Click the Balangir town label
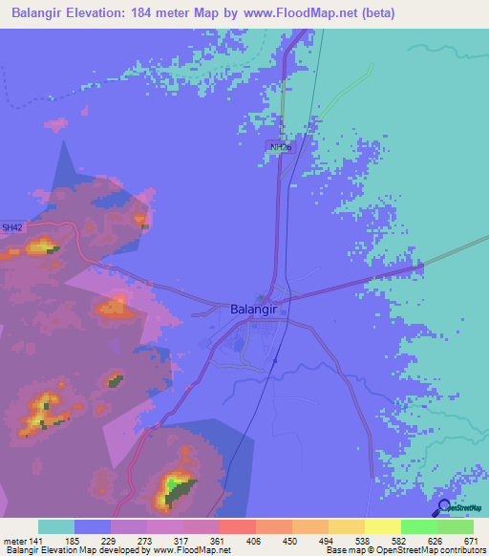(x=256, y=310)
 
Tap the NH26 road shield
(x=279, y=147)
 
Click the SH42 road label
(x=11, y=227)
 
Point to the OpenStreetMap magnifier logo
(x=442, y=507)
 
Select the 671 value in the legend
(x=472, y=540)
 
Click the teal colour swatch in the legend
(x=56, y=526)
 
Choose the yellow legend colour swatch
(x=382, y=526)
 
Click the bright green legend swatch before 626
(x=418, y=526)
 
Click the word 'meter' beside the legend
(x=15, y=540)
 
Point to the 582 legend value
(x=400, y=540)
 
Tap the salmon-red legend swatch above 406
(x=237, y=526)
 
